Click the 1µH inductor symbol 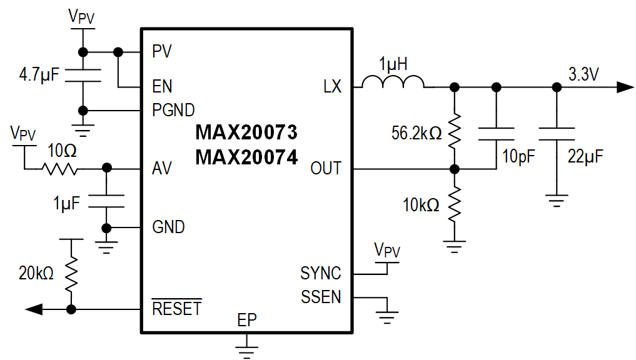[393, 82]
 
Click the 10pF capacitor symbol [496, 133]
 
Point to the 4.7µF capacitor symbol [83, 76]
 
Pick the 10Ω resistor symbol [61, 168]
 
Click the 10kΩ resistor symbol [455, 204]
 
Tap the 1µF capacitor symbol [106, 201]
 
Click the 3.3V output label [583, 74]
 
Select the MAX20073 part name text [246, 132]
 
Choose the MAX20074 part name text [246, 157]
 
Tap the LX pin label [332, 87]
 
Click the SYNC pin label [321, 273]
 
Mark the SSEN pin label [321, 297]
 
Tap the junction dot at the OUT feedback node [455, 169]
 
